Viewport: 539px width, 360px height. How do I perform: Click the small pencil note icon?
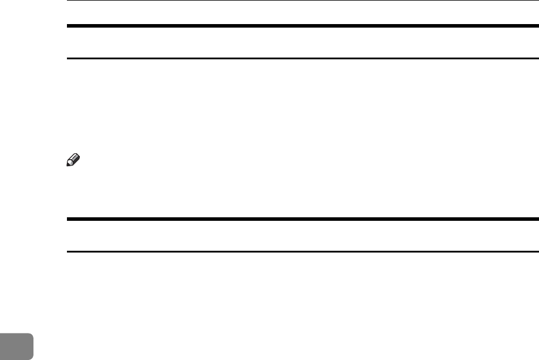(73, 162)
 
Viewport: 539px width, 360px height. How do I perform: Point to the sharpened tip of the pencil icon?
(69, 166)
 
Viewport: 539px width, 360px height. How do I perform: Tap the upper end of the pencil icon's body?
(76, 157)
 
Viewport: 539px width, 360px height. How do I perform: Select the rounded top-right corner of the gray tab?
(32, 321)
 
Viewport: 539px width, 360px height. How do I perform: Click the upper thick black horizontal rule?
(302, 26)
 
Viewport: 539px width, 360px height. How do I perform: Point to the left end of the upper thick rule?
(67, 26)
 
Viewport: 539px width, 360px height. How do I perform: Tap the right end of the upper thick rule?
(538, 26)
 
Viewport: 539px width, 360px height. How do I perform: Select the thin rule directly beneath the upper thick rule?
(302, 58)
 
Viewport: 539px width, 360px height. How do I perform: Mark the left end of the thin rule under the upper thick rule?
(67, 58)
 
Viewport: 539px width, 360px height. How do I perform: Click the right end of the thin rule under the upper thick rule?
(538, 58)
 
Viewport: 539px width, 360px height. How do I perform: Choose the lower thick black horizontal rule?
(302, 219)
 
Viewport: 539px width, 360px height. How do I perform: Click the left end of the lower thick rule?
(67, 219)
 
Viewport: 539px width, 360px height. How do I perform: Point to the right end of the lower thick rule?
(538, 219)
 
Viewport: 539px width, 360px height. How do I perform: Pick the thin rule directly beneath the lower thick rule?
(302, 252)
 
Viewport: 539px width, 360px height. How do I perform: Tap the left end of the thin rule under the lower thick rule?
(67, 252)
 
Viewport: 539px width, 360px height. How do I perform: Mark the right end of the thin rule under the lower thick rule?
(538, 252)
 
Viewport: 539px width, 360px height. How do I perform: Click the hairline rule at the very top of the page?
(302, 1)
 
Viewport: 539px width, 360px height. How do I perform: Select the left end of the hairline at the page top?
(67, 1)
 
